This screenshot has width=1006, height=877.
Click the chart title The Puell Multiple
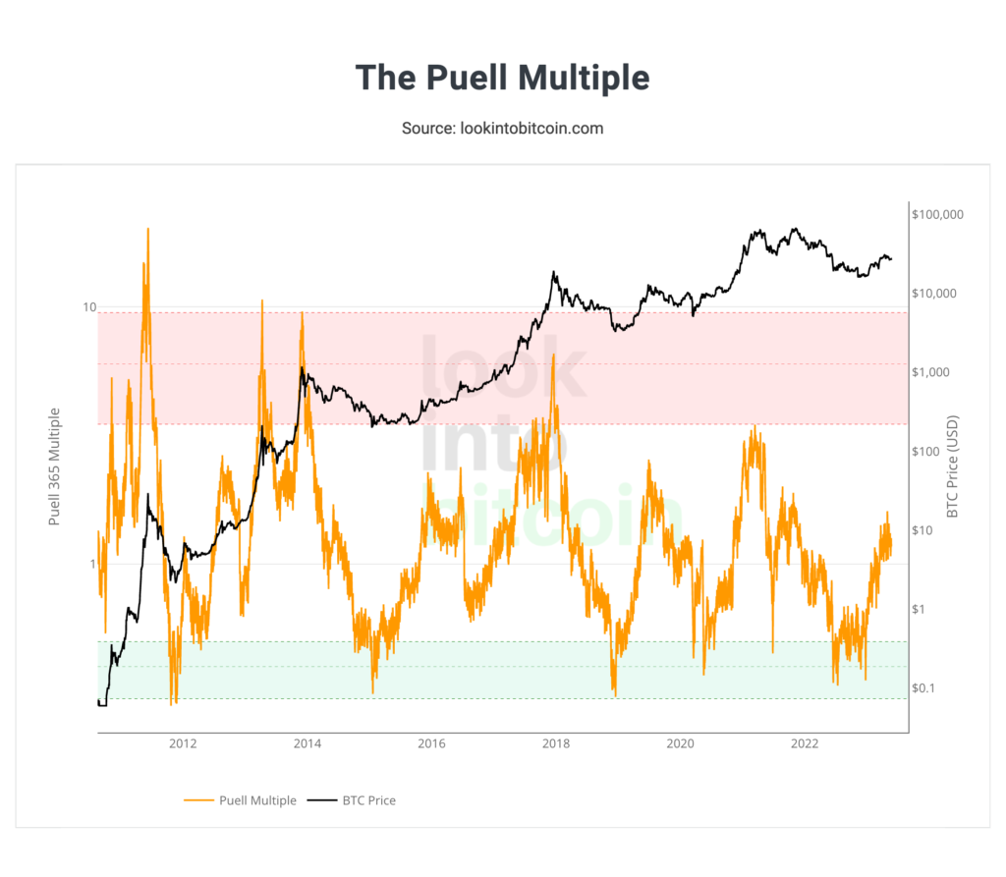(502, 78)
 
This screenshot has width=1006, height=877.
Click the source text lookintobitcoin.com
(502, 129)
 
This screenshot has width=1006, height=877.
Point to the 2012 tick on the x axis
(183, 743)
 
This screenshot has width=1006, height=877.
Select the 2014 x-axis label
(307, 743)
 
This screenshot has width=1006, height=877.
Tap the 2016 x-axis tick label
(431, 743)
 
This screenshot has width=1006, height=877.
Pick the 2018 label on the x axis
(556, 743)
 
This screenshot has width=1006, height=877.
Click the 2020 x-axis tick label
(681, 743)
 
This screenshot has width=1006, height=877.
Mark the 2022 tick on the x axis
(806, 743)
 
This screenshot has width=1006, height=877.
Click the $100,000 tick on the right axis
(938, 214)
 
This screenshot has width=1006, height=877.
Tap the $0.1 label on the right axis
(926, 687)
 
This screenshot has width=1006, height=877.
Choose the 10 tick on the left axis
(88, 307)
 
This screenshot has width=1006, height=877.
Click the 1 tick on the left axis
(91, 564)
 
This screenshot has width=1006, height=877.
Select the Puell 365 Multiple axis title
(55, 466)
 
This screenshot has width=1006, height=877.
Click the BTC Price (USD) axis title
(951, 467)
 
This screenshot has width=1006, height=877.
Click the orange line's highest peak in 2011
(147, 229)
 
